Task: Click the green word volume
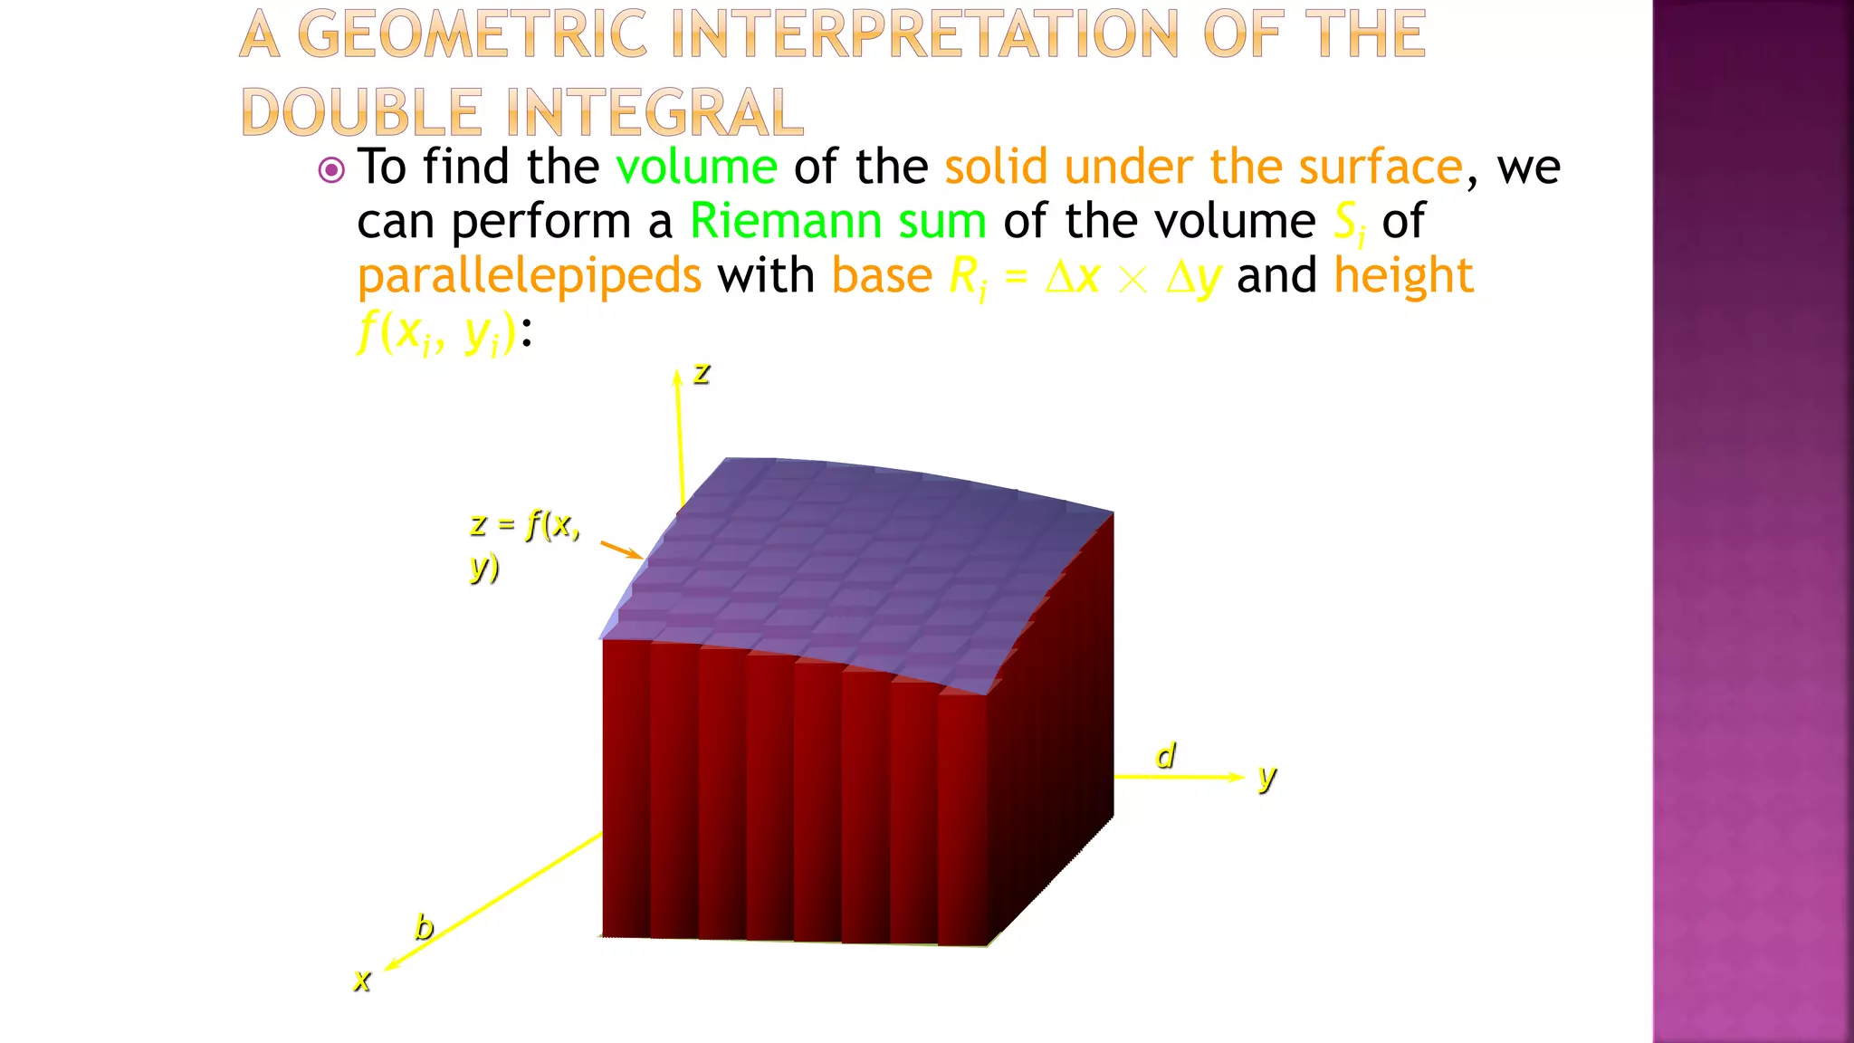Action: point(695,167)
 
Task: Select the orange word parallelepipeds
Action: point(529,277)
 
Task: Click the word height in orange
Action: point(1403,275)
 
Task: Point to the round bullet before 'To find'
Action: point(331,170)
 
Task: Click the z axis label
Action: point(702,373)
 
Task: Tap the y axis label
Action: point(1266,777)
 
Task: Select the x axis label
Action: point(362,980)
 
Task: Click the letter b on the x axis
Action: point(424,927)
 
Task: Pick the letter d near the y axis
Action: point(1165,756)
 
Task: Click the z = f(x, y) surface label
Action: point(524,544)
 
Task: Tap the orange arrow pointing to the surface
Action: point(622,550)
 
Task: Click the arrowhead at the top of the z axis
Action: point(676,377)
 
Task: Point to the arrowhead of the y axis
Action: point(1237,777)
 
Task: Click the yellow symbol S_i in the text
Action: point(1349,223)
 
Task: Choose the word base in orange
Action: point(881,275)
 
